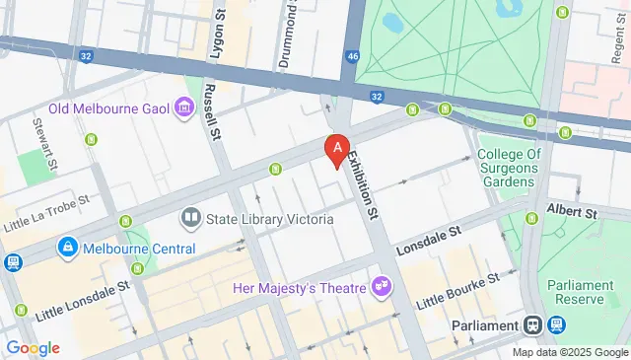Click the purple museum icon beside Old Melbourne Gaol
[x=182, y=107]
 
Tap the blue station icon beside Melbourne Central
[x=68, y=247]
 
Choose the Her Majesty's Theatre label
[x=298, y=288]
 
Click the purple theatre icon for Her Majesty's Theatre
[x=381, y=288]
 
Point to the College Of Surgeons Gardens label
[x=510, y=169]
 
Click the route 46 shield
[x=352, y=57]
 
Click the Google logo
[x=32, y=348]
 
